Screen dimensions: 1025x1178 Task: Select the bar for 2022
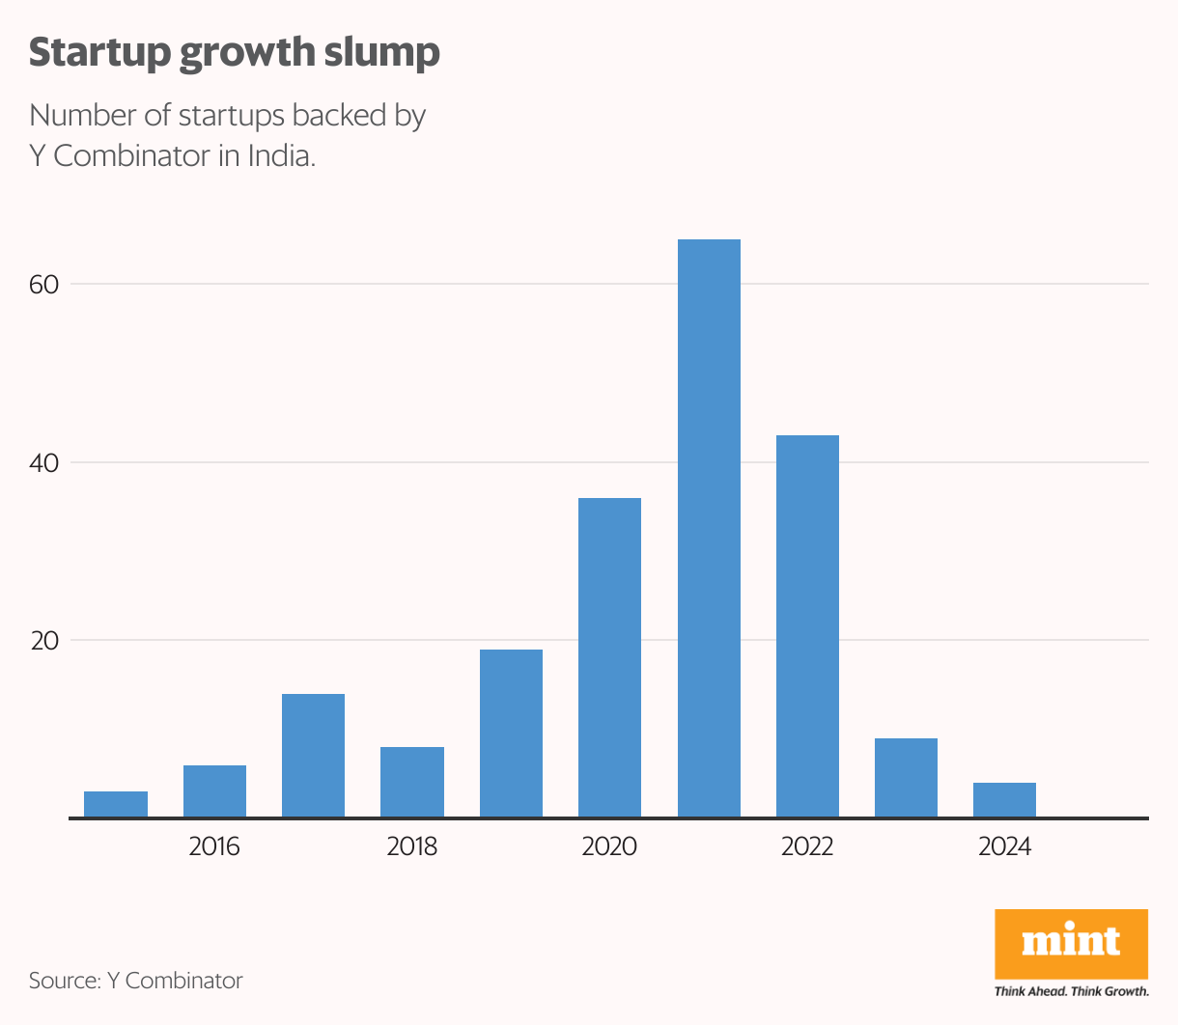tap(807, 626)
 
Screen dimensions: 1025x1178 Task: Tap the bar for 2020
tap(609, 657)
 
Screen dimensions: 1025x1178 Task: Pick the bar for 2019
tap(511, 734)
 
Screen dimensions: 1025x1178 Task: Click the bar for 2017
tap(313, 756)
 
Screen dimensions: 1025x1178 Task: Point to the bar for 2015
tap(116, 805)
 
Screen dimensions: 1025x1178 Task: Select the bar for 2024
tap(1004, 800)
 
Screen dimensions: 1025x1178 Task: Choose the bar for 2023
tap(906, 778)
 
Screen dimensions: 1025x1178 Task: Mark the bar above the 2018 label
tap(412, 783)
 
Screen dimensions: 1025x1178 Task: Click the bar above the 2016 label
tap(214, 791)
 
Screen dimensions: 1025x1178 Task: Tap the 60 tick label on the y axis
tap(44, 285)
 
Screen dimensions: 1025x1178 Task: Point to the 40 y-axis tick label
tap(44, 463)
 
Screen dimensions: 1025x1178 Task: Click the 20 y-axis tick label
tap(44, 641)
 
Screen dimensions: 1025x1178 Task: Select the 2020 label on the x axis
tap(609, 846)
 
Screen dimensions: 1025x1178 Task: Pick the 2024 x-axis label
tap(1004, 846)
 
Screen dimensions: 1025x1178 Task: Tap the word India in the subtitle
tap(281, 155)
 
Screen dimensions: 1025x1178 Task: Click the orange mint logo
tap(1071, 943)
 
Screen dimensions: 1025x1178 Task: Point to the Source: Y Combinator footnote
tap(136, 981)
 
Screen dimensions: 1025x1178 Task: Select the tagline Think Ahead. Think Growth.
tap(1071, 991)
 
